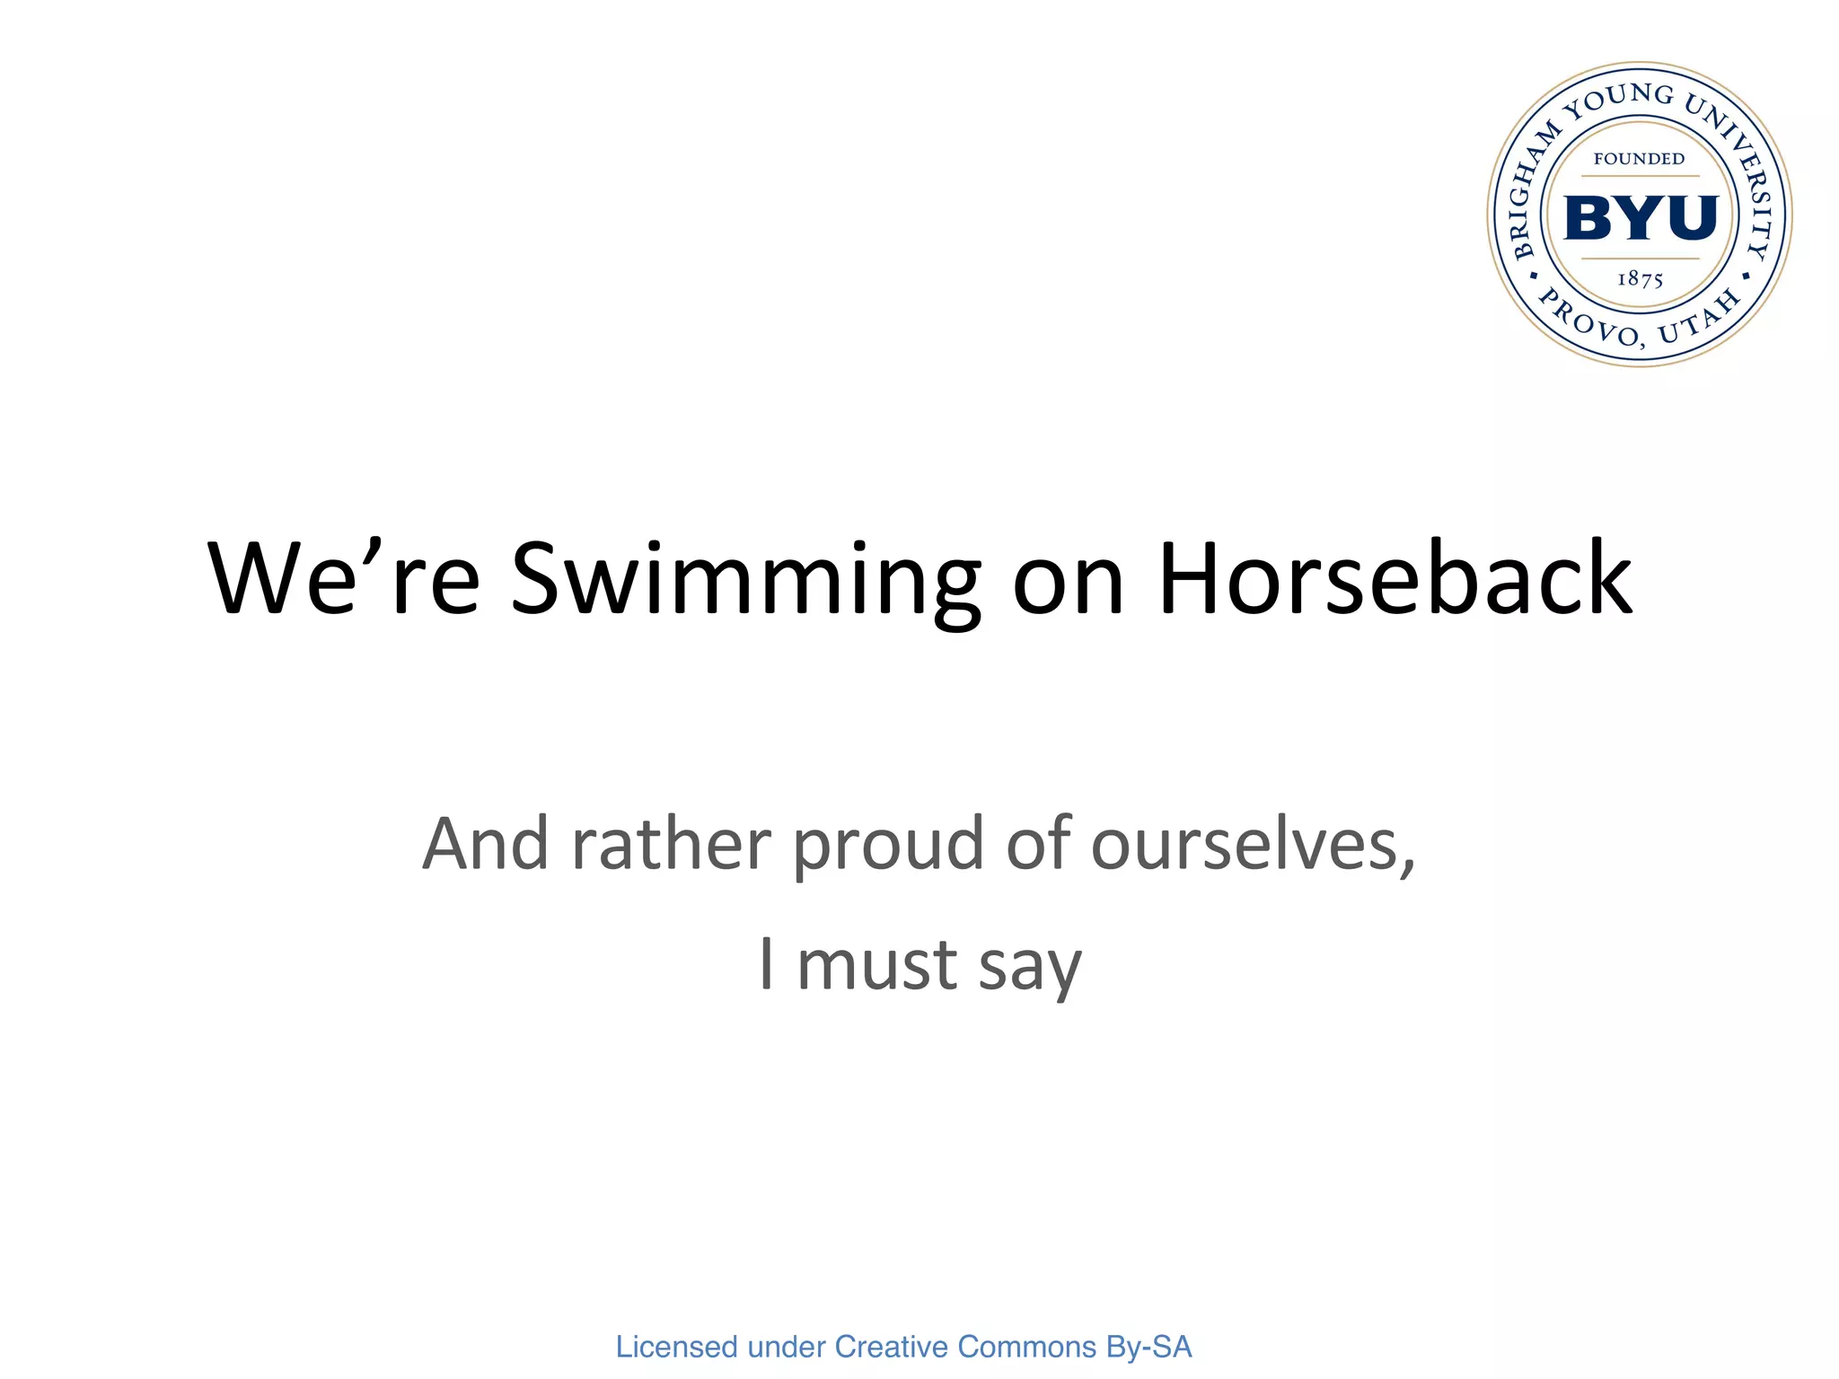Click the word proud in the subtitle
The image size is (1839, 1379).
coord(888,846)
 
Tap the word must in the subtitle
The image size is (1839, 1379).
coord(877,966)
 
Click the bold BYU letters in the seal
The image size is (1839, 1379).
coord(1641,218)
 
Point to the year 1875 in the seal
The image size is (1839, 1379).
coord(1640,279)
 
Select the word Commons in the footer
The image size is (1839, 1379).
coord(1027,1347)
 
